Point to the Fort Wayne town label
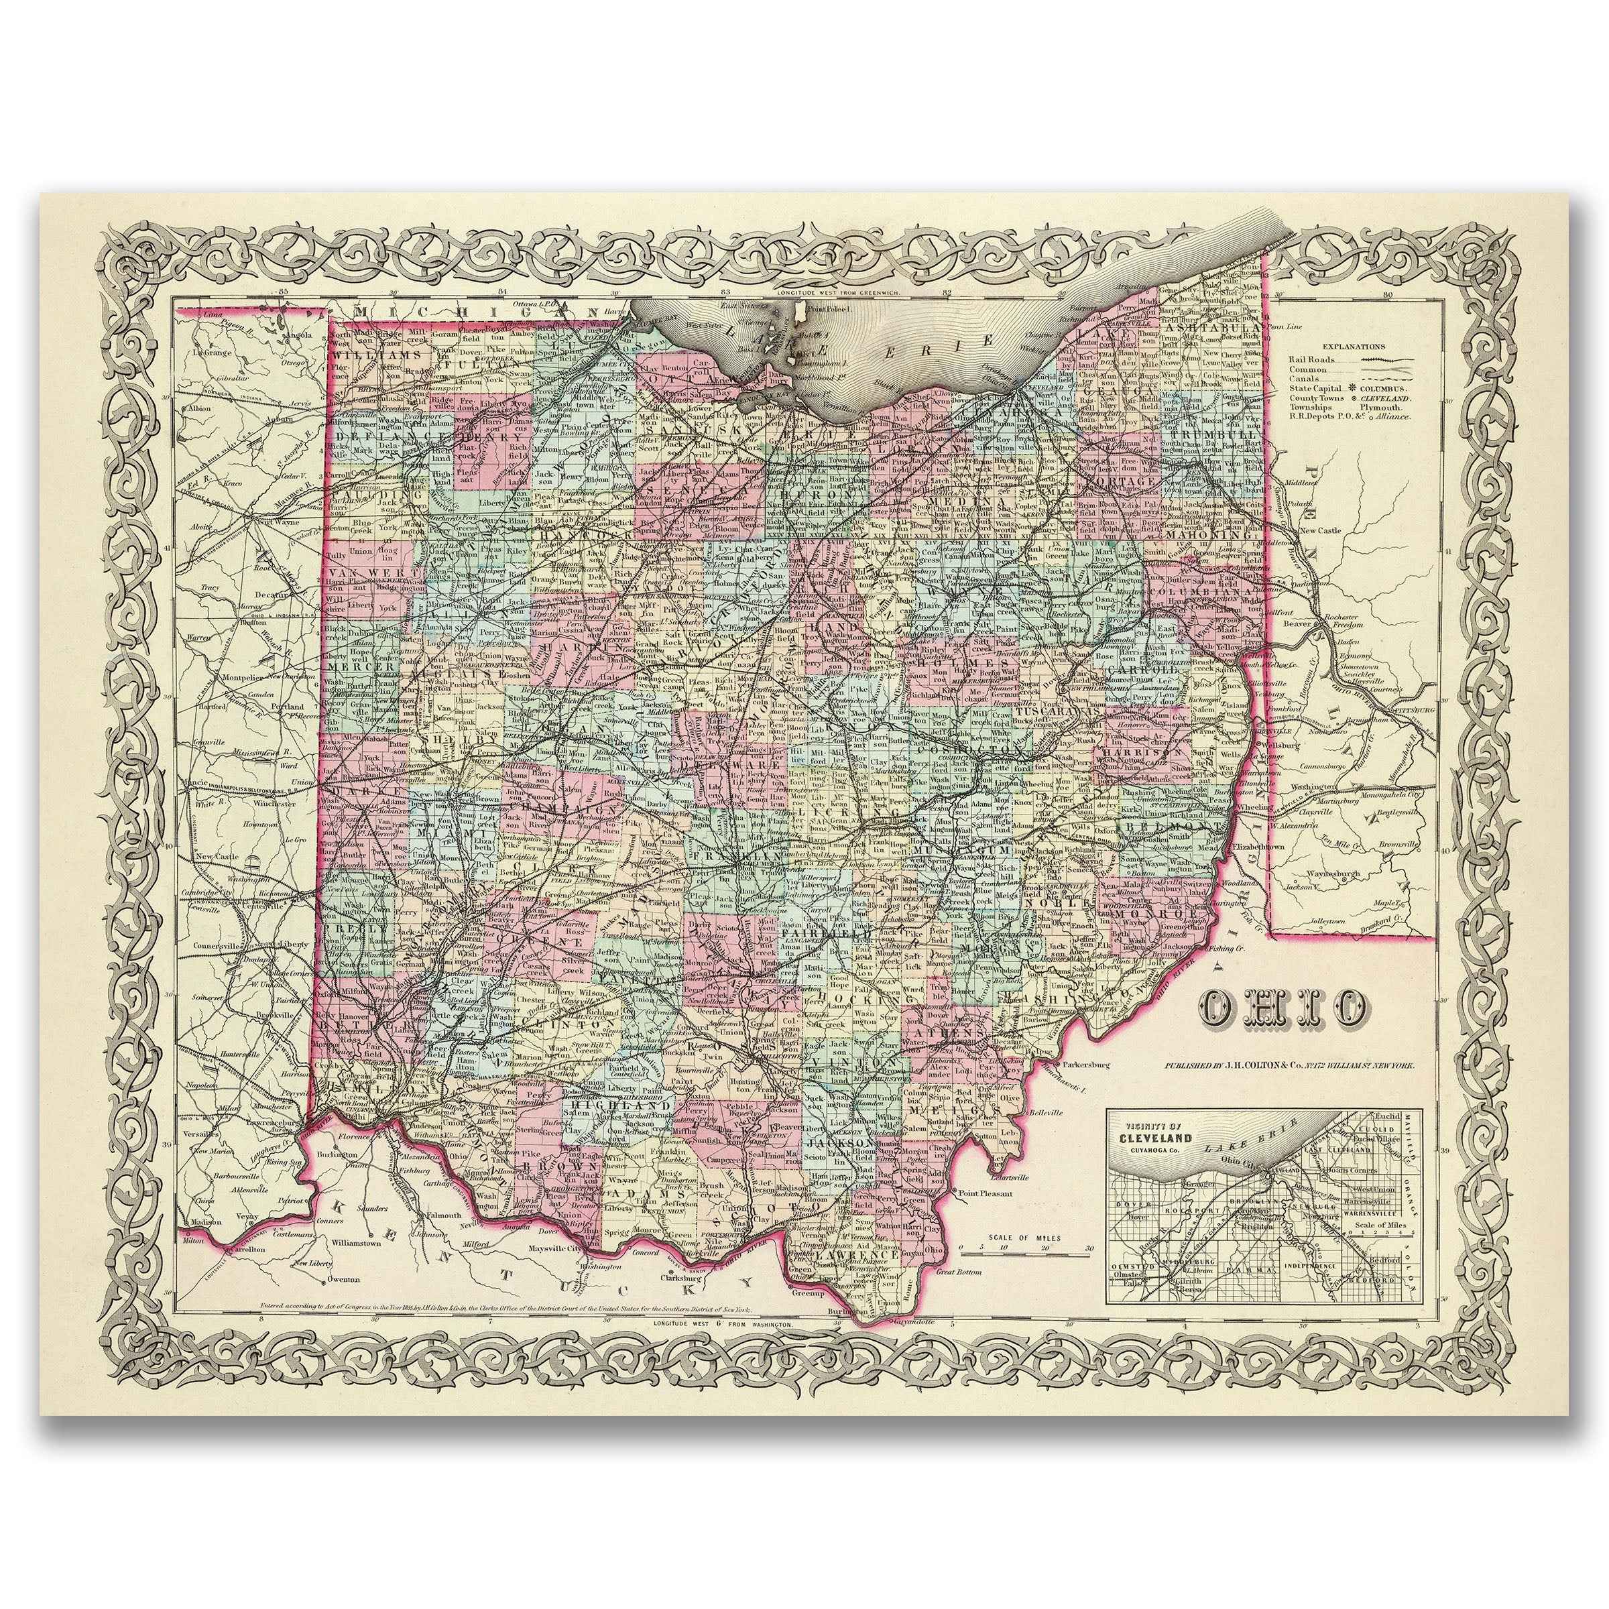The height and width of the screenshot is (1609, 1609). [x=278, y=522]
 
